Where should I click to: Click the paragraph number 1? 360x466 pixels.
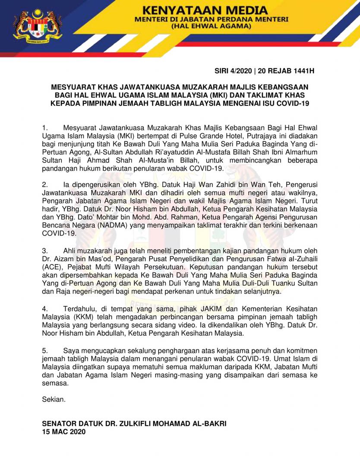point(44,128)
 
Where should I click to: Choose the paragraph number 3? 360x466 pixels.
point(44,251)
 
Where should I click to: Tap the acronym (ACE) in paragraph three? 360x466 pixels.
point(51,267)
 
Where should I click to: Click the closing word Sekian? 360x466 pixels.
point(54,399)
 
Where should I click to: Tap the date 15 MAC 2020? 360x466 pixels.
point(63,431)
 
